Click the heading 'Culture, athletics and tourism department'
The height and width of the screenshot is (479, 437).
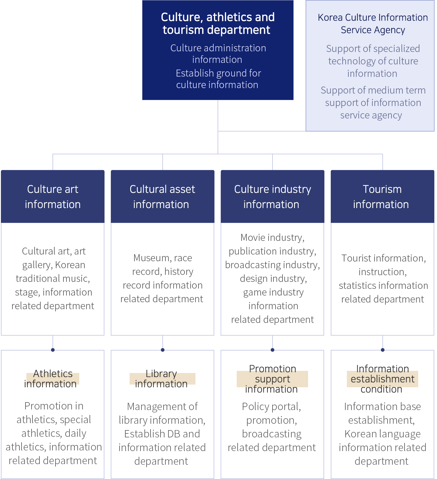pos(218,23)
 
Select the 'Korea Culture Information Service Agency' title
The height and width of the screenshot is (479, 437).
pos(373,24)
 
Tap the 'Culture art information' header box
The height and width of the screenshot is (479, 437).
pos(53,197)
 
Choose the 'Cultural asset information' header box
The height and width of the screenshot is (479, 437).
pos(162,197)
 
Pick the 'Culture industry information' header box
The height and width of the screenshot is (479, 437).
pos(273,197)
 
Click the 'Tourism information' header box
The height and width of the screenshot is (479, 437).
pos(382,197)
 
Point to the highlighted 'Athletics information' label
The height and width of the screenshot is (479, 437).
pos(53,378)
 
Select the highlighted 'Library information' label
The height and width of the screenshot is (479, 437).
pos(162,378)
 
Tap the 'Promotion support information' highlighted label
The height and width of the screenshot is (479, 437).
pos(272,379)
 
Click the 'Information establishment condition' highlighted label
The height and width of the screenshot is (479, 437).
pos(382,379)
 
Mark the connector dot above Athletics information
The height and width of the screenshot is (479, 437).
pos(53,350)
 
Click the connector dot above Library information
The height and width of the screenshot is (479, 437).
pos(163,350)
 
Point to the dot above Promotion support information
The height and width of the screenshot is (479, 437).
pos(273,350)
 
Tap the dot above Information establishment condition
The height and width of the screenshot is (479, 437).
pos(383,350)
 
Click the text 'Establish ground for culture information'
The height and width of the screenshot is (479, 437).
pos(218,79)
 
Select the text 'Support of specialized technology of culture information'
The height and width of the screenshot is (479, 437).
pos(373,61)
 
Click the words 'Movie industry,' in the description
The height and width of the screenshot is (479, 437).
pos(272,238)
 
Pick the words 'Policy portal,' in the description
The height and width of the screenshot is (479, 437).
pos(271,406)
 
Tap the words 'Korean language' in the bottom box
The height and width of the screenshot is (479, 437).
pos(382,434)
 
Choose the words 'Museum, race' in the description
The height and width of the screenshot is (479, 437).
pos(163,258)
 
